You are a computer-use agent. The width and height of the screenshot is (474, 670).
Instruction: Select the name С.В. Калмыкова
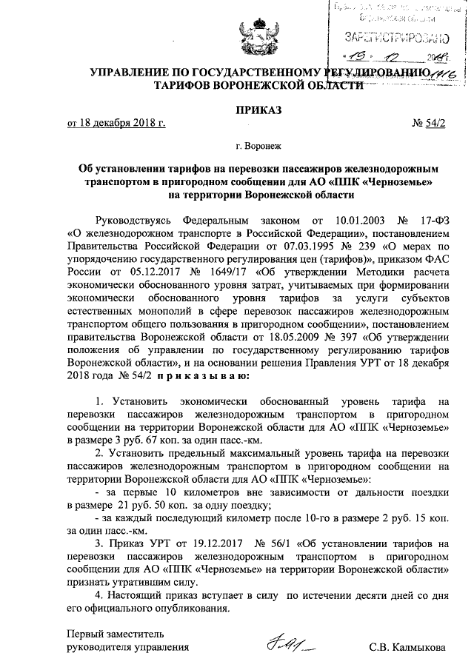click(407, 649)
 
